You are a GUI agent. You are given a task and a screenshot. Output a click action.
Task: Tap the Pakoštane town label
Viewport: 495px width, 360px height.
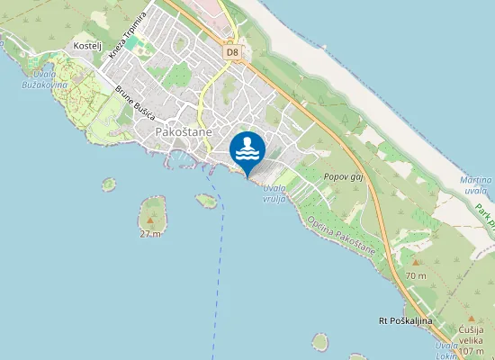pyautogui.click(x=184, y=132)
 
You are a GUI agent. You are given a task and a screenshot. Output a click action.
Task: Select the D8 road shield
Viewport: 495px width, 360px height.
pyautogui.click(x=232, y=52)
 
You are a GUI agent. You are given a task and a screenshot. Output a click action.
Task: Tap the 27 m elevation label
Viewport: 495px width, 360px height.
pyautogui.click(x=150, y=234)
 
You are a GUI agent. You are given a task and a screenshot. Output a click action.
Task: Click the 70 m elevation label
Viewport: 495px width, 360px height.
pyautogui.click(x=415, y=274)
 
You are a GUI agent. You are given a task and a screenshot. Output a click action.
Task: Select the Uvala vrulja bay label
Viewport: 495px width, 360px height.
pyautogui.click(x=274, y=193)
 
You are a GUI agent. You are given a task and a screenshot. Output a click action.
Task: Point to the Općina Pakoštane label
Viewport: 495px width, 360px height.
pyautogui.click(x=340, y=236)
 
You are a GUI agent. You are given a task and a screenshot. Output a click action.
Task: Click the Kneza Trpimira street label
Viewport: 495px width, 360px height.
pyautogui.click(x=128, y=32)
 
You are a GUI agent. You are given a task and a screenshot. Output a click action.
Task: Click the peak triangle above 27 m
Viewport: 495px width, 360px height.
pyautogui.click(x=150, y=220)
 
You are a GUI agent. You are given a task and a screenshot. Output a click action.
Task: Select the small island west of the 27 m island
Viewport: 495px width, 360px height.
pyautogui.click(x=109, y=184)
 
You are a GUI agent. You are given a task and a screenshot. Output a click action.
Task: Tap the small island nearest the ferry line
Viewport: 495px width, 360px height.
pyautogui.click(x=206, y=201)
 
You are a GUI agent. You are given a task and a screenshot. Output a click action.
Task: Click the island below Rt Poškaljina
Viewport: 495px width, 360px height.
pyautogui.click(x=320, y=342)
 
